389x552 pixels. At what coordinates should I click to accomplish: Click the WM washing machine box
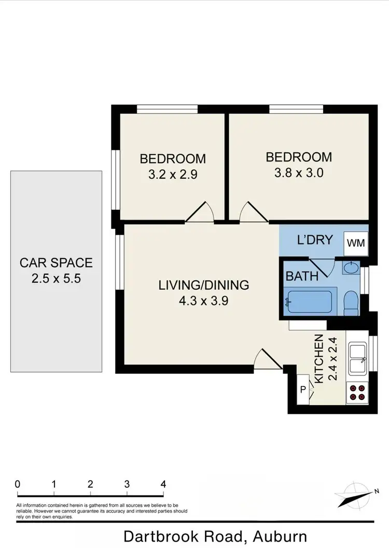coord(355,243)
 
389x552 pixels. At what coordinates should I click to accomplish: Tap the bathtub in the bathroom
coord(310,302)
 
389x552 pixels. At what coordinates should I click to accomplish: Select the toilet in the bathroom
coord(352,302)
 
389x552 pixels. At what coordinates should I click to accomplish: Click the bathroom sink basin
coord(351,268)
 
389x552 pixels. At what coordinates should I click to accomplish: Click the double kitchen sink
coord(357,358)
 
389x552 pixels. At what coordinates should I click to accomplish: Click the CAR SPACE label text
coord(56,262)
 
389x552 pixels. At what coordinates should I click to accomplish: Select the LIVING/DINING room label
coord(204,285)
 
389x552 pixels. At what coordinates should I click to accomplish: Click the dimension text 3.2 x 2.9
coord(173,174)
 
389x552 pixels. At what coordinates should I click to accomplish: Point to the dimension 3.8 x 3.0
coord(299,172)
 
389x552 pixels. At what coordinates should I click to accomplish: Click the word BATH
coord(302,275)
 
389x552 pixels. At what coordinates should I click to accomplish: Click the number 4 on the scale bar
coord(163,484)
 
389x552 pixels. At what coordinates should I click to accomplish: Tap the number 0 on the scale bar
coord(18,484)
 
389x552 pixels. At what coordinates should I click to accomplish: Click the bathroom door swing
coord(321,267)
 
